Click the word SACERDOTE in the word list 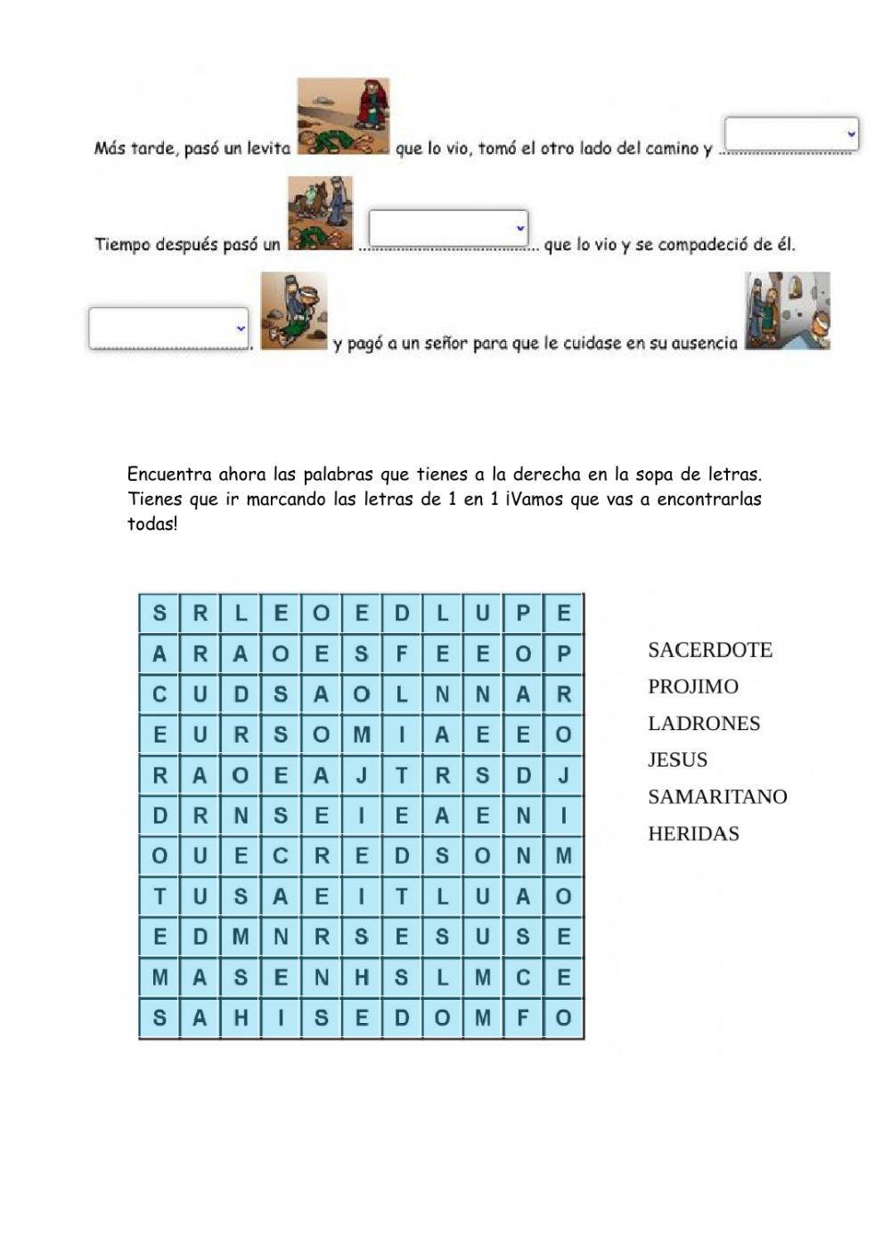pyautogui.click(x=709, y=650)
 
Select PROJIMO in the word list pyautogui.click(x=692, y=686)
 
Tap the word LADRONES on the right pyautogui.click(x=703, y=723)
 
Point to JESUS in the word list pyautogui.click(x=677, y=759)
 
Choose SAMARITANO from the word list pyautogui.click(x=716, y=797)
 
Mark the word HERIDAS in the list pyautogui.click(x=692, y=833)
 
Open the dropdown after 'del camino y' pyautogui.click(x=790, y=134)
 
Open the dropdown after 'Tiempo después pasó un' pyautogui.click(x=448, y=228)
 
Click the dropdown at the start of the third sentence pyautogui.click(x=168, y=328)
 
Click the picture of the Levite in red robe pyautogui.click(x=343, y=117)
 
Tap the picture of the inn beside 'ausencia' pyautogui.click(x=787, y=311)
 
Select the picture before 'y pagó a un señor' pyautogui.click(x=293, y=311)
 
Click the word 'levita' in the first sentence pyautogui.click(x=268, y=149)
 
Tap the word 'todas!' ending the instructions pyautogui.click(x=152, y=524)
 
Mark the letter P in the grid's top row pyautogui.click(x=523, y=613)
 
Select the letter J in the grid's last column pyautogui.click(x=563, y=775)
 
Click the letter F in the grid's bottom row pyautogui.click(x=523, y=1018)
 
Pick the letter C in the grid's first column pyautogui.click(x=159, y=694)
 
